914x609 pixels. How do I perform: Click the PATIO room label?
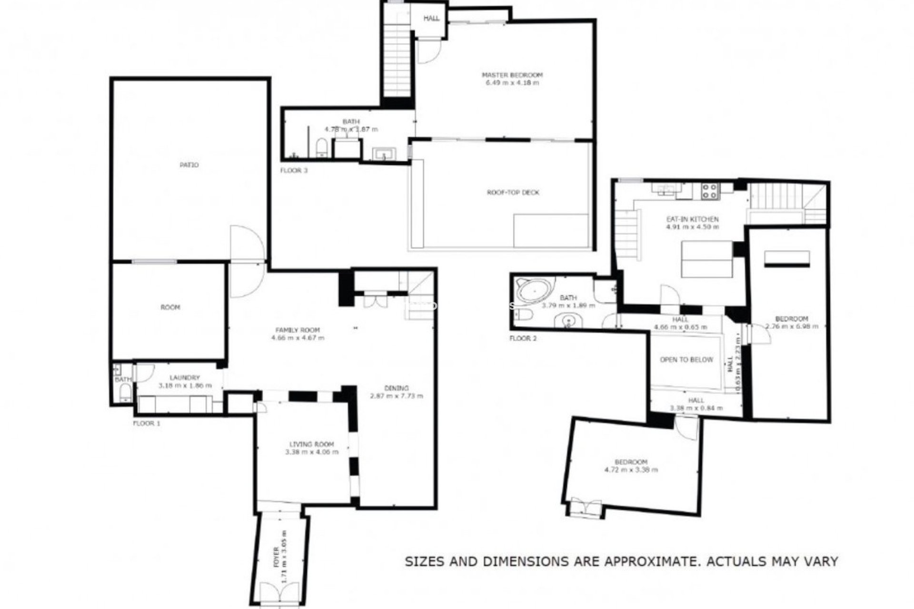189,165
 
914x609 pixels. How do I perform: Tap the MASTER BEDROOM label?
512,75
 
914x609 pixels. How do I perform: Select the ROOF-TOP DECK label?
513,193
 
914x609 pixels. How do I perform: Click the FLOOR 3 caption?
294,170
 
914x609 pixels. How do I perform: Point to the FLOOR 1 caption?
147,423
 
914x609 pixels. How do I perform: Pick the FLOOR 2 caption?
523,339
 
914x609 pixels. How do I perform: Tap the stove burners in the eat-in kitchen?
710,191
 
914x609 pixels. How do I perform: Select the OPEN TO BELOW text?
686,360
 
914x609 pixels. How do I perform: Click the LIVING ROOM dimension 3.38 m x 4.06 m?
312,452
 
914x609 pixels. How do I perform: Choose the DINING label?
396,388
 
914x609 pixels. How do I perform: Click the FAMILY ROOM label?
298,330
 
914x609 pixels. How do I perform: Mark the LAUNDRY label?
184,378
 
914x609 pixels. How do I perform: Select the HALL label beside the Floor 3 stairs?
431,19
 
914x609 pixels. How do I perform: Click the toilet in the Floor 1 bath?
125,393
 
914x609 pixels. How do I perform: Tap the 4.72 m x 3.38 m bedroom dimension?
631,470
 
